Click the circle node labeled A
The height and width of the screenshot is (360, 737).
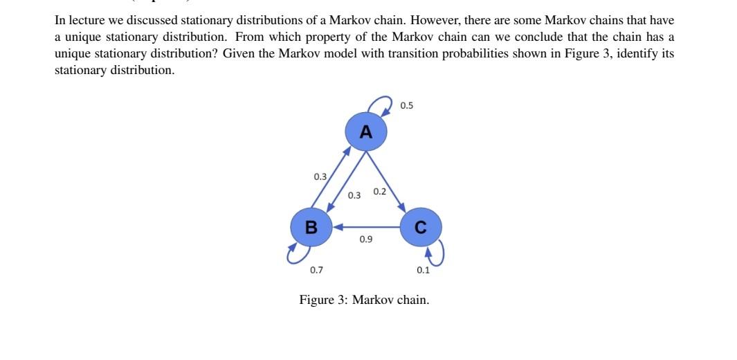click(x=366, y=132)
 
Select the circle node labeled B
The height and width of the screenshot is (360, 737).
click(x=311, y=226)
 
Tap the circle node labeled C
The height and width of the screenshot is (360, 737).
click(x=420, y=226)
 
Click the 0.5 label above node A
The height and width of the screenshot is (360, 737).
click(x=407, y=105)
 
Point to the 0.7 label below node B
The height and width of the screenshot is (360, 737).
click(x=316, y=270)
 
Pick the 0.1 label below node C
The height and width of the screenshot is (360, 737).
click(x=424, y=270)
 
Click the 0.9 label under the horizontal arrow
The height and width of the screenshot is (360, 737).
click(x=366, y=239)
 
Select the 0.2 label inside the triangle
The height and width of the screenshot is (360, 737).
click(x=379, y=191)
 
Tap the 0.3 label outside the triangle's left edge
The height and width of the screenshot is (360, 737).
click(x=320, y=177)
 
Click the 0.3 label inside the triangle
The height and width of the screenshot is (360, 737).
click(x=354, y=195)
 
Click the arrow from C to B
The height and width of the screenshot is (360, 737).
click(x=367, y=226)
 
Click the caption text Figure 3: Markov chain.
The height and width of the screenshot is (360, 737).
click(x=364, y=300)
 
